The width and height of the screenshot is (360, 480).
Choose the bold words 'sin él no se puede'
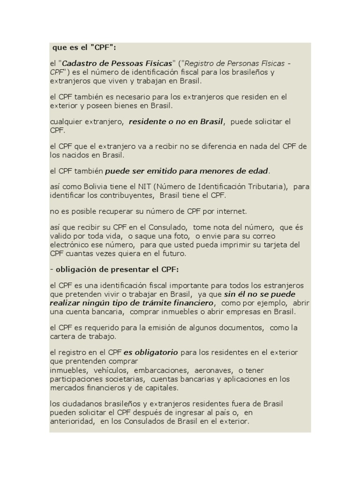point(260,294)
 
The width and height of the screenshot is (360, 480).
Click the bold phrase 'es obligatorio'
point(150,352)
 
